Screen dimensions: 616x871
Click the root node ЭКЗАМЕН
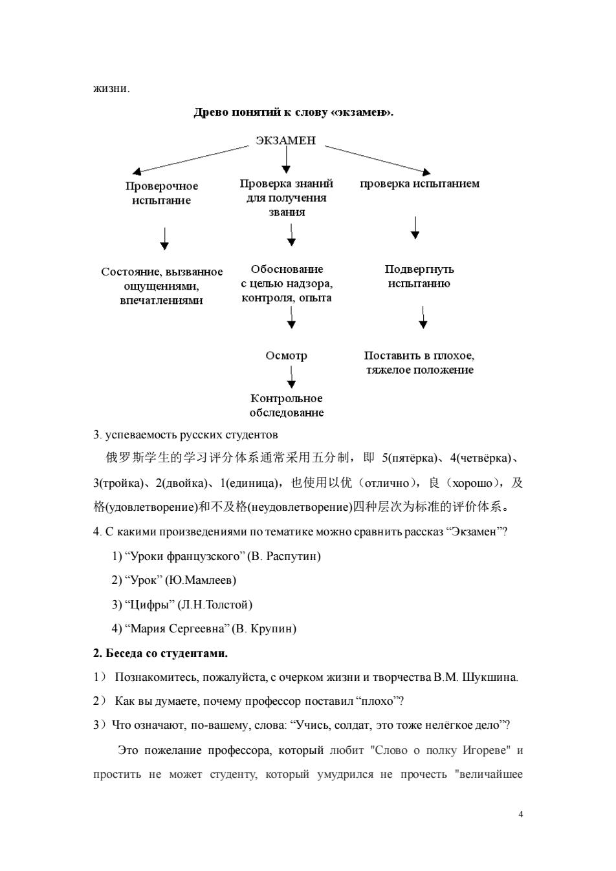(x=285, y=140)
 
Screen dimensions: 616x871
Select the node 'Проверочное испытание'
(x=162, y=193)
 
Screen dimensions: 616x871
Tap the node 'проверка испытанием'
(x=419, y=184)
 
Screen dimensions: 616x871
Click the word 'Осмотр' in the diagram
(x=287, y=356)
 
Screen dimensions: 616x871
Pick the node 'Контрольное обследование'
(x=287, y=405)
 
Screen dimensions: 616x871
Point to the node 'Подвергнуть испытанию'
(x=419, y=276)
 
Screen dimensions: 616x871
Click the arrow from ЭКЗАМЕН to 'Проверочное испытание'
(x=190, y=160)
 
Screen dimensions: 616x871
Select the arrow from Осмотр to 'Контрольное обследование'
(x=291, y=377)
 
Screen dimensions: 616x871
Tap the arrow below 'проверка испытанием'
(x=415, y=228)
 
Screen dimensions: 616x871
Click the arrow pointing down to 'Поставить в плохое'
(x=423, y=317)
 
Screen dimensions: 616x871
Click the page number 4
(x=521, y=814)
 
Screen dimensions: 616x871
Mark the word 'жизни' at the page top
(x=110, y=89)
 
